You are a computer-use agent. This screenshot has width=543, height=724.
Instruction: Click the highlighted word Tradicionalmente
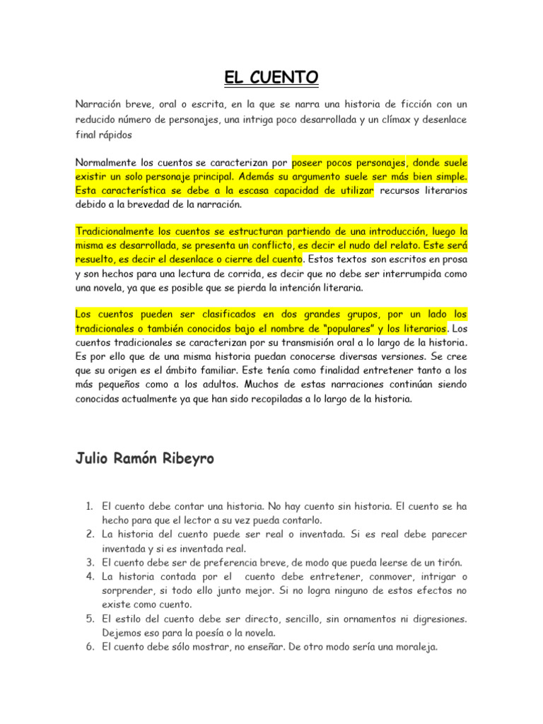(115, 231)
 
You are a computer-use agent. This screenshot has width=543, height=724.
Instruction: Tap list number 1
(89, 507)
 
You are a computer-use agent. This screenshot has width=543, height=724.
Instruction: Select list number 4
(89, 577)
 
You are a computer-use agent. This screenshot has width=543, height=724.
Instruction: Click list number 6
(89, 646)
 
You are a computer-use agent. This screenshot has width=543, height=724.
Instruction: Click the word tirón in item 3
(448, 563)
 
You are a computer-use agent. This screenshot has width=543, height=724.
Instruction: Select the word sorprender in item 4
(127, 590)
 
